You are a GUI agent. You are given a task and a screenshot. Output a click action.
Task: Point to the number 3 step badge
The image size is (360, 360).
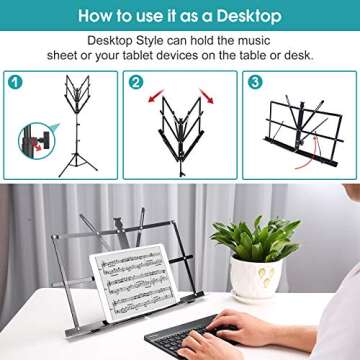click(x=255, y=83)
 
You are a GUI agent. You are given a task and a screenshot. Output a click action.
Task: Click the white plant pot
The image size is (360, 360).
click(x=256, y=281)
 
